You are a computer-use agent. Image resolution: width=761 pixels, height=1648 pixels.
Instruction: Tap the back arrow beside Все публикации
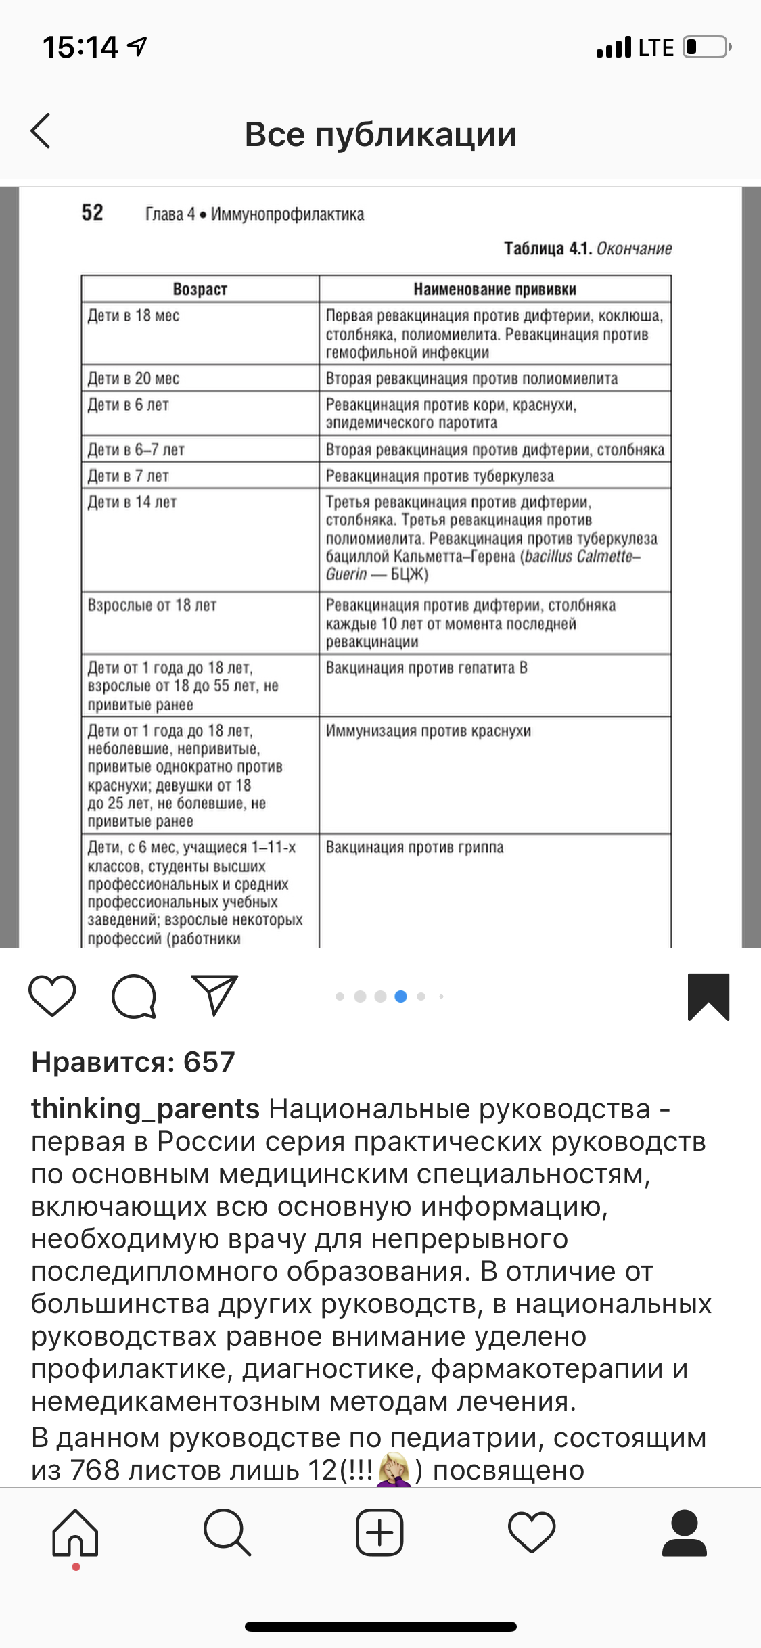(41, 131)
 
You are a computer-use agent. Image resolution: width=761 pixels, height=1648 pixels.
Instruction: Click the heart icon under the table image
(52, 996)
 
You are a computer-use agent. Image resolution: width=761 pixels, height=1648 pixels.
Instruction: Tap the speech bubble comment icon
(134, 996)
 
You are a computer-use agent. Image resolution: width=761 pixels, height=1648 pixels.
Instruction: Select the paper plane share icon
(215, 994)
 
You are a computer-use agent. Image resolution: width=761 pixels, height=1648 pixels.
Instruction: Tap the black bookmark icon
(708, 996)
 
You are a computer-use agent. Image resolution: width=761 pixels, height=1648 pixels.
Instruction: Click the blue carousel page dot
(400, 996)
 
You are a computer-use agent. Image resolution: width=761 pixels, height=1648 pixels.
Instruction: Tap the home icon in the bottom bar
(75, 1533)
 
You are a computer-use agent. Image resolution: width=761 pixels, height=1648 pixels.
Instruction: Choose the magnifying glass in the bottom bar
(227, 1533)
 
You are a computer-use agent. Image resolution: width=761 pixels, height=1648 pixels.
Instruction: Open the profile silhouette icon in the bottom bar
(685, 1533)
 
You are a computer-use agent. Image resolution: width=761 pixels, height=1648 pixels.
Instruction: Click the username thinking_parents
(145, 1109)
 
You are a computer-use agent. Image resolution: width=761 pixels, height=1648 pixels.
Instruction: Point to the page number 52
(93, 213)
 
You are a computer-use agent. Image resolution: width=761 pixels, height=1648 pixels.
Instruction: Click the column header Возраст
(200, 290)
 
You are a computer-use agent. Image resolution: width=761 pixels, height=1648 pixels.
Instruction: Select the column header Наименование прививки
(494, 290)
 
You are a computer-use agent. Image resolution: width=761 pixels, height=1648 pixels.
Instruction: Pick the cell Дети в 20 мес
(134, 379)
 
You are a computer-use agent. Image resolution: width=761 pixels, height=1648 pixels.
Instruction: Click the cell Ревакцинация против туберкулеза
(440, 476)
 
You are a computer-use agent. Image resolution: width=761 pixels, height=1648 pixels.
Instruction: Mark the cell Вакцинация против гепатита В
(426, 668)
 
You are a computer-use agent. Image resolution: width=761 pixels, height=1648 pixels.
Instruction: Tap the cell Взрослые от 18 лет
(152, 605)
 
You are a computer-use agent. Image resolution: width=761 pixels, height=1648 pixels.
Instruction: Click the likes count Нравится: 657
(133, 1062)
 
